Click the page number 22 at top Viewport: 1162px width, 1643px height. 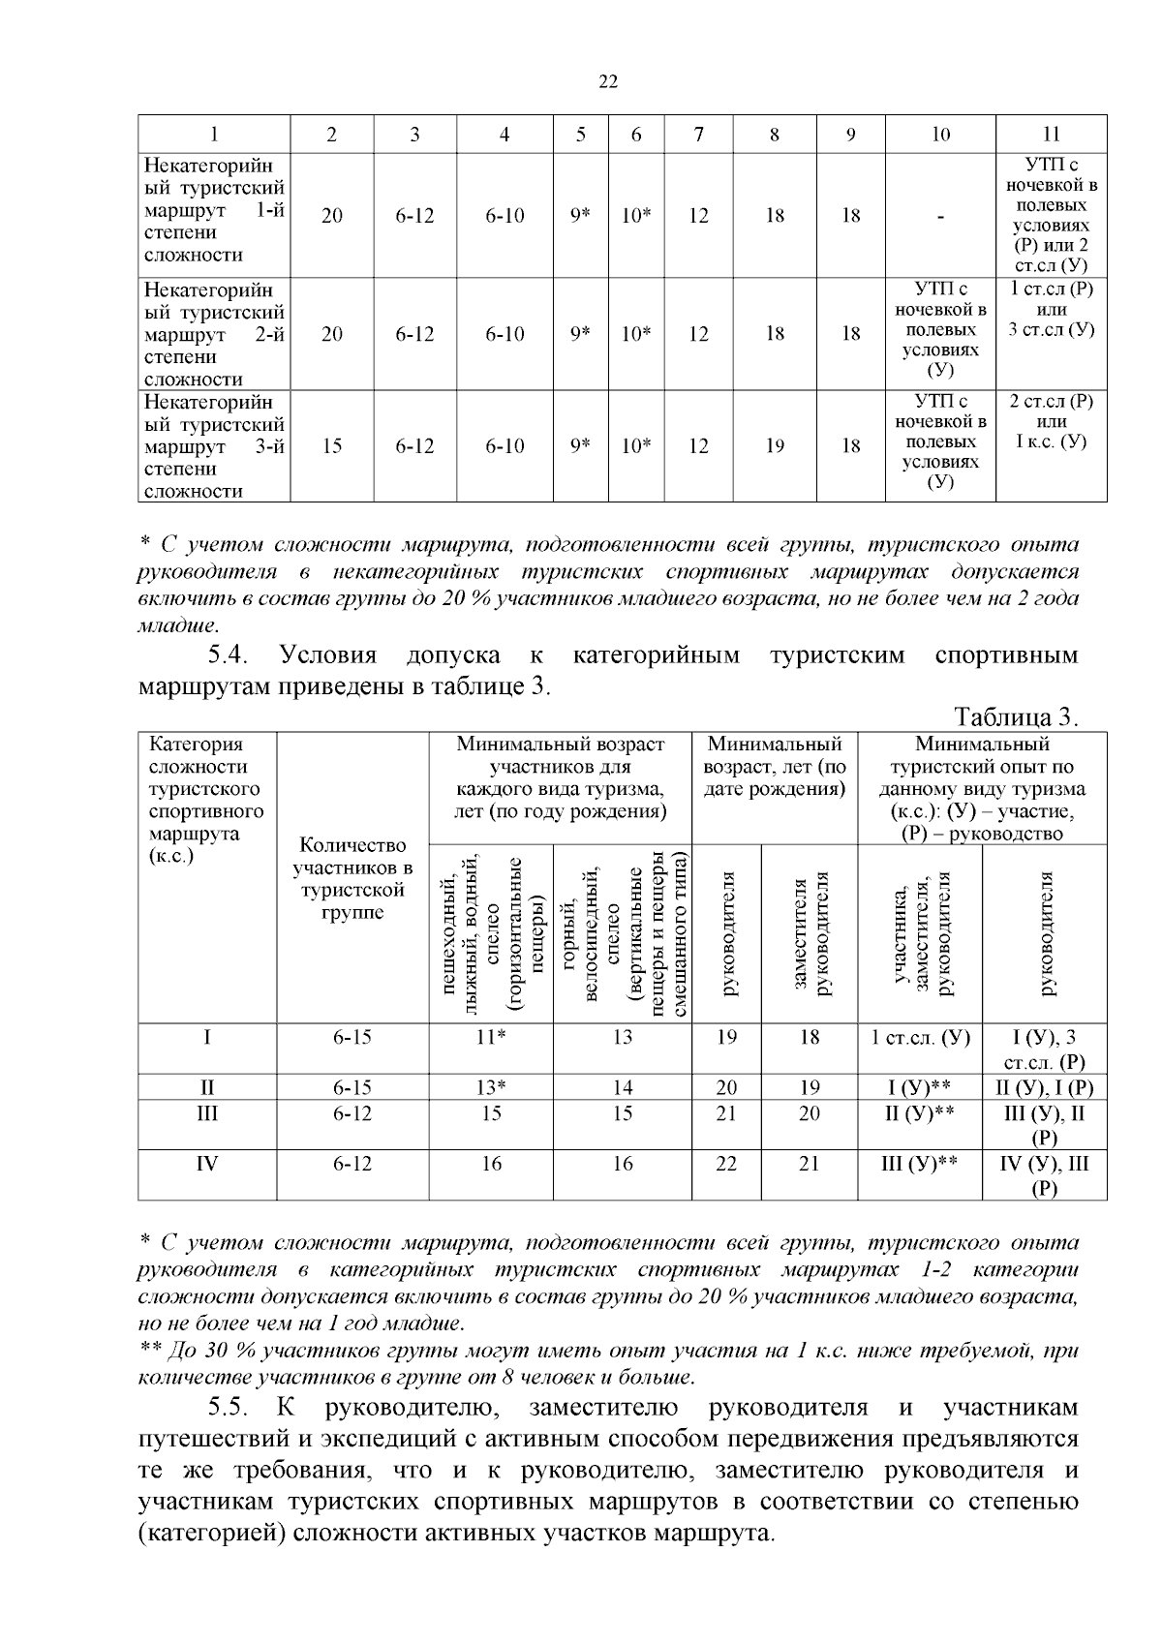pyautogui.click(x=608, y=82)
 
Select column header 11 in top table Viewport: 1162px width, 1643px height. pyautogui.click(x=1052, y=135)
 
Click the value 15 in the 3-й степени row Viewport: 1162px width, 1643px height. pyautogui.click(x=332, y=446)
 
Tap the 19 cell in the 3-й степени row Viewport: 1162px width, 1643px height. pyautogui.click(x=775, y=446)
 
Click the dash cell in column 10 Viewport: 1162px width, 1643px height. pyautogui.click(x=940, y=216)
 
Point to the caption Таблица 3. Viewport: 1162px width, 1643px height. pyautogui.click(x=1016, y=718)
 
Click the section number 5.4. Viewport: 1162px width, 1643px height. pyautogui.click(x=229, y=655)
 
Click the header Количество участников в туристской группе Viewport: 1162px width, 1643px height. pyautogui.click(x=352, y=878)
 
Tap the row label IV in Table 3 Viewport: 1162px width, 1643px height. pyautogui.click(x=207, y=1164)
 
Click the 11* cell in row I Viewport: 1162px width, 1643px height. pyautogui.click(x=491, y=1037)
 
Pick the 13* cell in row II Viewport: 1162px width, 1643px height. pyautogui.click(x=491, y=1087)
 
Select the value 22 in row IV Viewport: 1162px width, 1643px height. pyautogui.click(x=726, y=1164)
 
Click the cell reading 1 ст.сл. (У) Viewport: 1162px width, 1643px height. pyautogui.click(x=920, y=1037)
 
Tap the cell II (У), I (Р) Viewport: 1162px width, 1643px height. pyautogui.click(x=1045, y=1087)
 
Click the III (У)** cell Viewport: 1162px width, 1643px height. pyautogui.click(x=920, y=1164)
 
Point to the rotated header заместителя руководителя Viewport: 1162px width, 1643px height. pyautogui.click(x=810, y=933)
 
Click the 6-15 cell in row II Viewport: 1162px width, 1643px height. pyautogui.click(x=352, y=1087)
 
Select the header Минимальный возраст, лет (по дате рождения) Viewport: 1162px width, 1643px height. pyautogui.click(x=775, y=767)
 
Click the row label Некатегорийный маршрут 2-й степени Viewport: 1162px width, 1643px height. pyautogui.click(x=214, y=334)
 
